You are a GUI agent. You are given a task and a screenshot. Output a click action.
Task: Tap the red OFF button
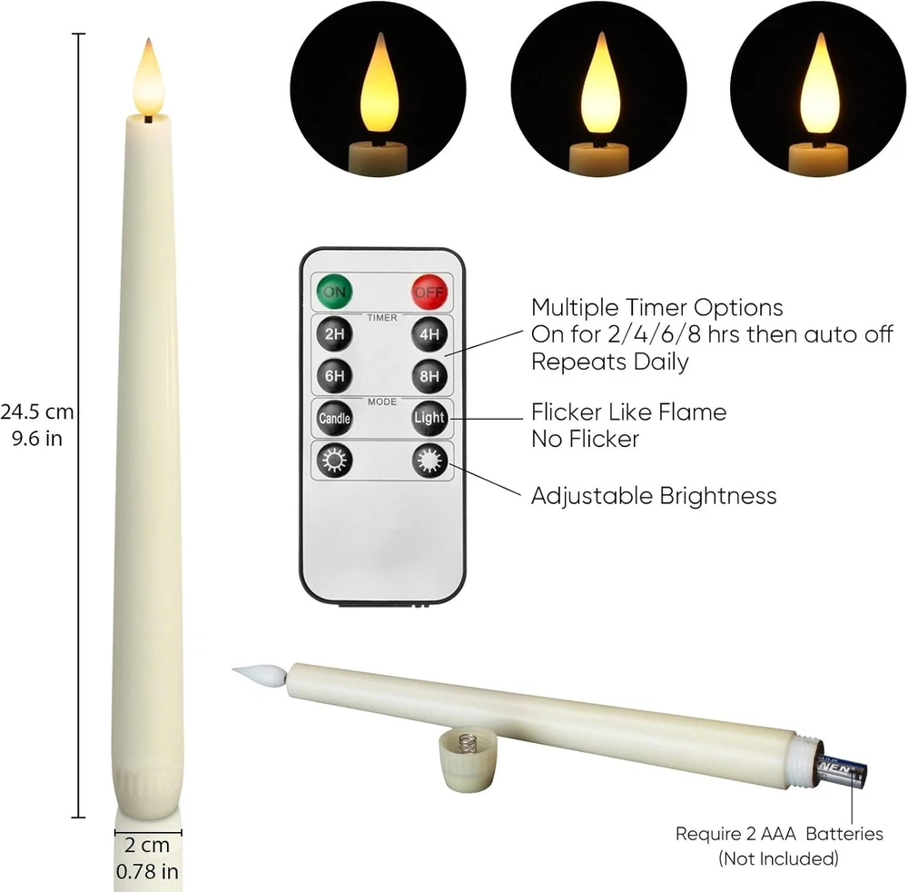pos(429,292)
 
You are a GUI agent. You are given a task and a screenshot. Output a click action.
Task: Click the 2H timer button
pos(335,333)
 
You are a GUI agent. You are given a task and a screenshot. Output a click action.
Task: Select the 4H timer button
pos(429,334)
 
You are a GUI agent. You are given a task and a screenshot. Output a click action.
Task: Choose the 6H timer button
pos(335,376)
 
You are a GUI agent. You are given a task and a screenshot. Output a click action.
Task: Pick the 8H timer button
pos(429,376)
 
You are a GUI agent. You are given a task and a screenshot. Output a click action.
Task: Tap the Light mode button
pos(429,418)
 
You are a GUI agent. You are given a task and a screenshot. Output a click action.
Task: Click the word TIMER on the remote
pos(382,317)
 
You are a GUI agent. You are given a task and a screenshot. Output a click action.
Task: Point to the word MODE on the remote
pos(382,401)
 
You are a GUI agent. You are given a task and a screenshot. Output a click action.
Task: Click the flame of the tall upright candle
pos(149,77)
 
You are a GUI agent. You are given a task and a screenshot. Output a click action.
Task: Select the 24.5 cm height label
pos(37,411)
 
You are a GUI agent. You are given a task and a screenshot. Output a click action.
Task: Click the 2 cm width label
pos(147,845)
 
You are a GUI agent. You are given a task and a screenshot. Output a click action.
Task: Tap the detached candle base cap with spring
pos(468,760)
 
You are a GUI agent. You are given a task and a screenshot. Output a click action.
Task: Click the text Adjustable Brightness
pos(654,496)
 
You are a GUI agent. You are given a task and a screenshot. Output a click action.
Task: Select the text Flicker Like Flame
pos(629,411)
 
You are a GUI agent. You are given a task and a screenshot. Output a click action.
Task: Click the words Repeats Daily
pos(610,362)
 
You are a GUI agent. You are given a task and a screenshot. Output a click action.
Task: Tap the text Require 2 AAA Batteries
pos(779,834)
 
